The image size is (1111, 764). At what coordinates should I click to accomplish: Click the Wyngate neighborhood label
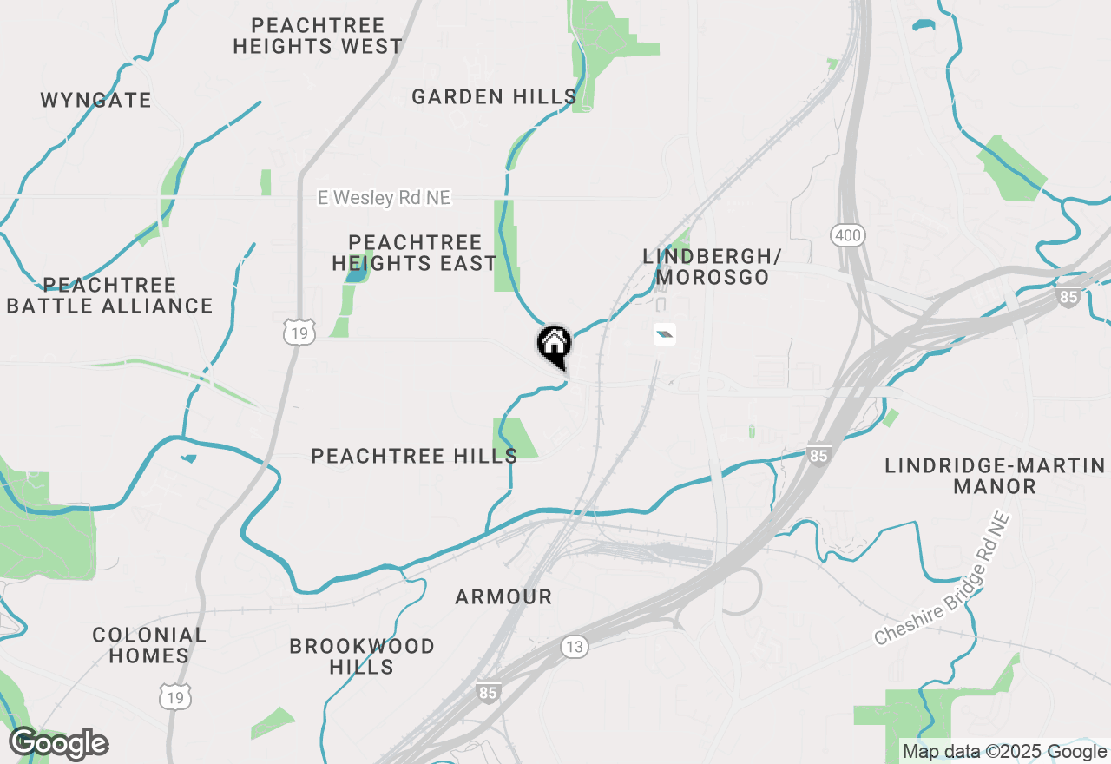coord(95,100)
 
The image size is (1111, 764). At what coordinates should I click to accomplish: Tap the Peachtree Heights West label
coord(318,36)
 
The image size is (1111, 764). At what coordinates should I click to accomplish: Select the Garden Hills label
coord(494,96)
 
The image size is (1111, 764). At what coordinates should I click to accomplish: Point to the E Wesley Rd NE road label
coord(385,198)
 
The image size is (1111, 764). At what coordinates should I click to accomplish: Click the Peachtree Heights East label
coord(414,253)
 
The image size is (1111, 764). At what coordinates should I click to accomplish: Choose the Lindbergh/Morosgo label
coord(712,267)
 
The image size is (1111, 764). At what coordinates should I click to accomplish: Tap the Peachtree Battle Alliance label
coord(109,295)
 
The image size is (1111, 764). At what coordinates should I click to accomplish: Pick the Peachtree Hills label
coord(414,455)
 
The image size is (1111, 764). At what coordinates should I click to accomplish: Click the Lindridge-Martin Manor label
coord(995,476)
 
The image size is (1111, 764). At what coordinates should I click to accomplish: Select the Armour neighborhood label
coord(503,596)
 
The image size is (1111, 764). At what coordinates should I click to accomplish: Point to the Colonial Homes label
coord(149,645)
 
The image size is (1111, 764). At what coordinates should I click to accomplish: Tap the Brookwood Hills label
coord(362,656)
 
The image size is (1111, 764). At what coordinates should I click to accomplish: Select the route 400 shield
coord(846,234)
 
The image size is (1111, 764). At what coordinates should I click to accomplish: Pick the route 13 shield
coord(574,646)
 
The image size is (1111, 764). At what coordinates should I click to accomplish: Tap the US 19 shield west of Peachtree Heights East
coord(299,331)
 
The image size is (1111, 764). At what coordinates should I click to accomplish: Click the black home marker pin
coord(554,345)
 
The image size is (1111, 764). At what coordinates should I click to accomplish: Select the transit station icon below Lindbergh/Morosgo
coord(664,334)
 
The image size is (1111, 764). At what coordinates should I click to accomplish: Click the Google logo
coord(58,744)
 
